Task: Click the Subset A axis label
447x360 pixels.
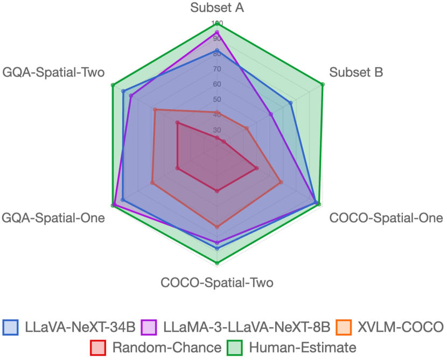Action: [x=217, y=8]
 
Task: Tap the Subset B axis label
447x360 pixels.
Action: [x=356, y=72]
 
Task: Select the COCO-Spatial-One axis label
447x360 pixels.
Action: [x=386, y=218]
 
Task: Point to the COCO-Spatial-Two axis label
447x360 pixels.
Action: [x=217, y=283]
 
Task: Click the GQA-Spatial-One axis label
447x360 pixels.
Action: [x=53, y=218]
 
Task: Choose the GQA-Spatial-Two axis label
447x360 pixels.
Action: [x=53, y=72]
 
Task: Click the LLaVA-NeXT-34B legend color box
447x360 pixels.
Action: [x=11, y=327]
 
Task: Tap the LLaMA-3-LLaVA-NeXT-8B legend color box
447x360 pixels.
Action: [x=149, y=327]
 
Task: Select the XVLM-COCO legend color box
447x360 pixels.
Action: [x=344, y=327]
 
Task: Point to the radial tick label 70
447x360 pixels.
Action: [x=217, y=69]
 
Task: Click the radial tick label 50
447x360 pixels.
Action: [x=217, y=100]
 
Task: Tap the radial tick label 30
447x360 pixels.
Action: [x=217, y=130]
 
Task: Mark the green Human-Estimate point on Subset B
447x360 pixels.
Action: [x=322, y=84]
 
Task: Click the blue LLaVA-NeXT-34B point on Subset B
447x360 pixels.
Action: [x=291, y=102]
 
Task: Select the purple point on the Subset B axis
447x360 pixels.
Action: [x=271, y=115]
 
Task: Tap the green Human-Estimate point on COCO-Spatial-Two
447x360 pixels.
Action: [x=217, y=263]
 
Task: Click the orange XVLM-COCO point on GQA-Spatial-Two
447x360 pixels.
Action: [x=155, y=110]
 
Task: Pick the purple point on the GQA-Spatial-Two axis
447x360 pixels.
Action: [x=131, y=96]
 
